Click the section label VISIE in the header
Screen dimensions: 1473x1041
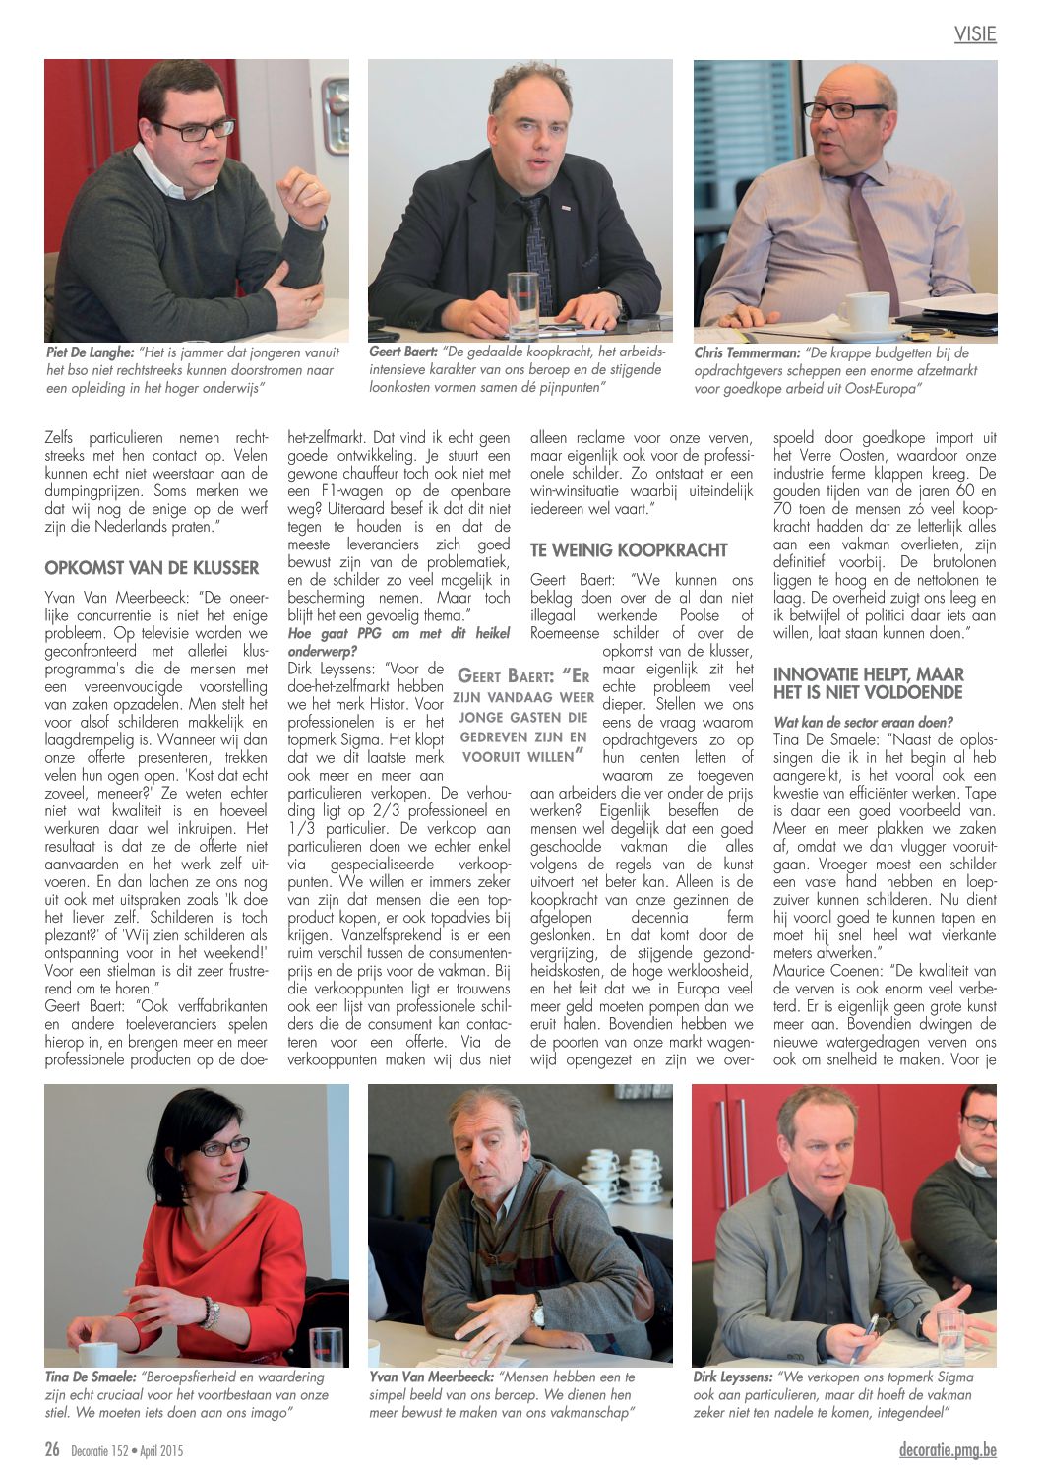[975, 34]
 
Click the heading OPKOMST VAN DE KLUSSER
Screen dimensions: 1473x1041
[152, 568]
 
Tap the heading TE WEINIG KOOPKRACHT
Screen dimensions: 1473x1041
[629, 549]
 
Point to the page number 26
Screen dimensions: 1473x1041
[52, 1449]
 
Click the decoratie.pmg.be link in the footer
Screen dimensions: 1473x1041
[948, 1449]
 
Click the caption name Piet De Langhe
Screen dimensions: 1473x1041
[91, 352]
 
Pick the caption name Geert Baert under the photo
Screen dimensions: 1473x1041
[402, 351]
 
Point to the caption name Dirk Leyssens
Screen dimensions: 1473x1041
[733, 1377]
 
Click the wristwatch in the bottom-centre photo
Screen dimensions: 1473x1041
[538, 1310]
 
